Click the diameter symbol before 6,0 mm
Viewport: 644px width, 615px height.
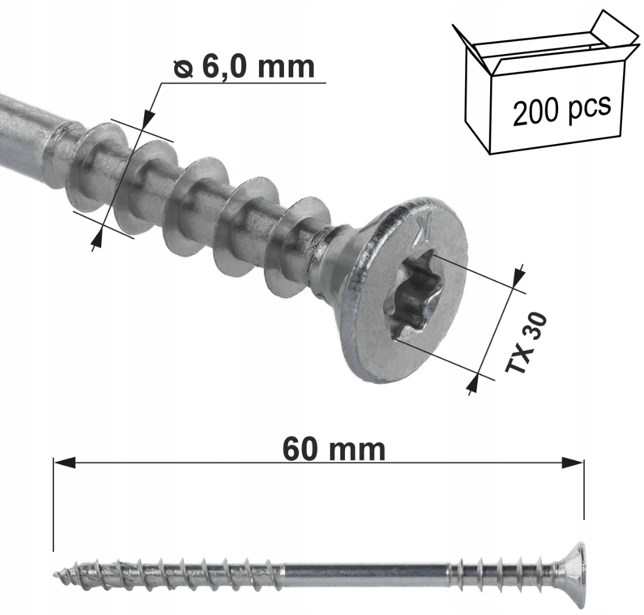(183, 68)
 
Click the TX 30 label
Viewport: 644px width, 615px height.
(527, 342)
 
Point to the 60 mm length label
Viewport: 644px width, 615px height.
(334, 450)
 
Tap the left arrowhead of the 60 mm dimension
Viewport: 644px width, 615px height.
(64, 462)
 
